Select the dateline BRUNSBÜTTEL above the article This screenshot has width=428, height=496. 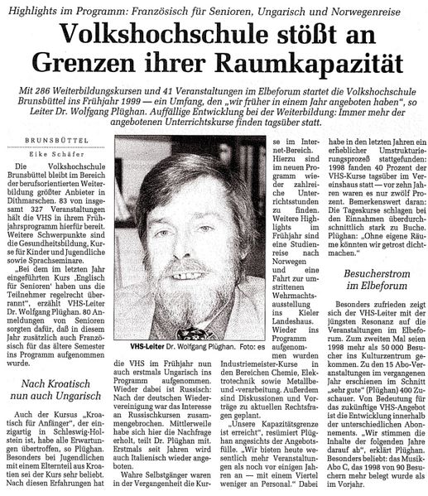click(55, 140)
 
